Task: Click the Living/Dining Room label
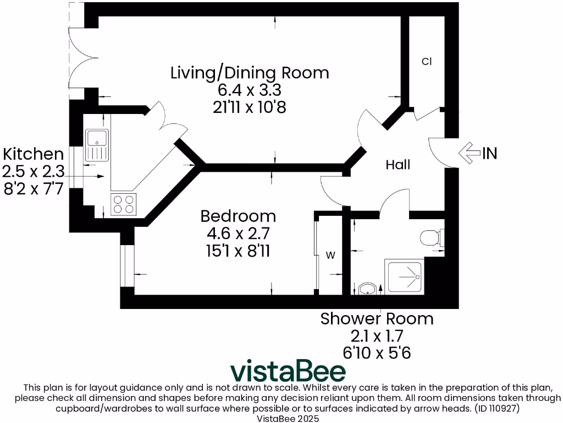(x=250, y=73)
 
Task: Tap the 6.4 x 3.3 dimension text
(x=250, y=90)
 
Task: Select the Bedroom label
(x=238, y=215)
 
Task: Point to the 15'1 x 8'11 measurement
(x=238, y=251)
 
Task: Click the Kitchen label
(x=34, y=154)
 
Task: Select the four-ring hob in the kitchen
(x=124, y=205)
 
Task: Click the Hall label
(x=398, y=165)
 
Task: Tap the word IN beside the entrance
(x=489, y=154)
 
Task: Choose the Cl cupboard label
(x=426, y=62)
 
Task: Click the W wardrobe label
(x=331, y=255)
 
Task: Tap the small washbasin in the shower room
(x=367, y=289)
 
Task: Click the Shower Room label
(x=377, y=318)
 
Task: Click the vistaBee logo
(x=288, y=372)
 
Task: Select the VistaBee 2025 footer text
(x=281, y=419)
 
